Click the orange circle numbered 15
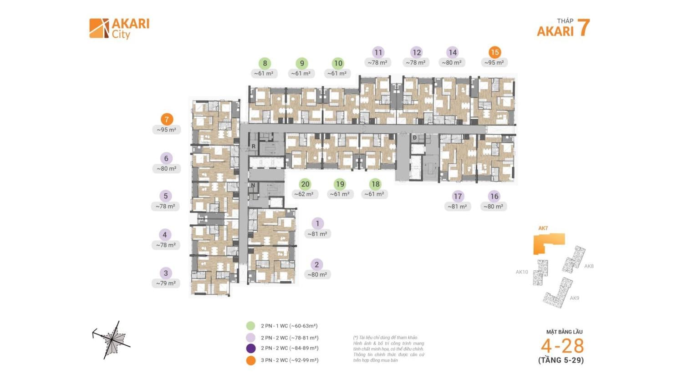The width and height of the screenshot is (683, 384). (x=494, y=52)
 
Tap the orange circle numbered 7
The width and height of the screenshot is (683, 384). (x=167, y=120)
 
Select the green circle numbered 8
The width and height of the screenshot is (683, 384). (x=265, y=63)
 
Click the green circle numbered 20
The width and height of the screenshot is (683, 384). (x=305, y=184)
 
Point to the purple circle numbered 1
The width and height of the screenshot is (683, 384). (x=317, y=223)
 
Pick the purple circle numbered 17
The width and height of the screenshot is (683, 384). (x=458, y=196)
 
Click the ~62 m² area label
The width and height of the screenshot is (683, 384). (x=303, y=194)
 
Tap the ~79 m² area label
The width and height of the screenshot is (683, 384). (x=166, y=283)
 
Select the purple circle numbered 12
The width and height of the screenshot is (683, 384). (x=416, y=52)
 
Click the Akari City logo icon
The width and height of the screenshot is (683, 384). (x=99, y=28)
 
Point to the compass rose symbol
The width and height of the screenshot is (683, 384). (x=112, y=339)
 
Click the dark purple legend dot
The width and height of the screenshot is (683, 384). (x=250, y=349)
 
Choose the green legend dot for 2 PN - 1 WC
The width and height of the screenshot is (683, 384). (x=250, y=326)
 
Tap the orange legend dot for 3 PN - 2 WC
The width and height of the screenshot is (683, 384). (x=250, y=360)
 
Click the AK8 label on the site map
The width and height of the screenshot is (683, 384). (x=589, y=266)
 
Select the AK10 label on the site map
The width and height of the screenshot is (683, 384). (x=522, y=272)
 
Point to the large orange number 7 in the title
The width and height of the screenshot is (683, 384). (x=583, y=28)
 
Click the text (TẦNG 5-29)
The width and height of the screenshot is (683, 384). (x=561, y=360)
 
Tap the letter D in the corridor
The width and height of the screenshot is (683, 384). (x=414, y=137)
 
